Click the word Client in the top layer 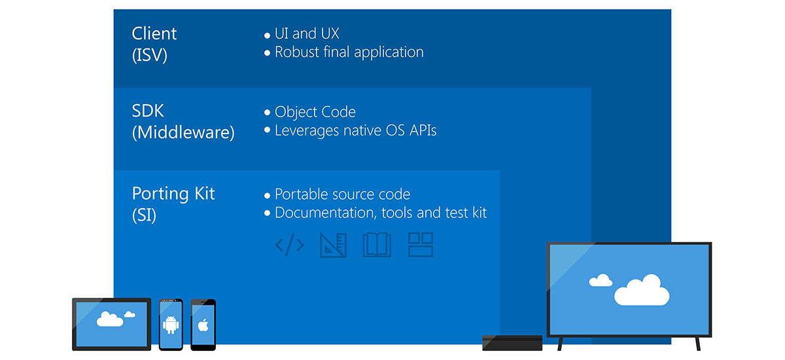pos(154,33)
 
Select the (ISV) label pos(150,56)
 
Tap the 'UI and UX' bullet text pos(307,33)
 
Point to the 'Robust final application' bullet pos(349,52)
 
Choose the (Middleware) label pos(183,133)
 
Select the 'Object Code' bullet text pos(315,112)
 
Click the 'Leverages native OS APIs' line pos(355,130)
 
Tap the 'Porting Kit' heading pos(173,194)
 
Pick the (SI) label pos(145,215)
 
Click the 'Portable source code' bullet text pos(342,194)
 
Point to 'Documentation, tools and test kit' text pos(380,213)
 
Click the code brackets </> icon pos(289,245)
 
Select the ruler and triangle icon pos(333,245)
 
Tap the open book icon pos(377,245)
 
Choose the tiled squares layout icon pos(421,245)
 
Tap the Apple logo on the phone pos(203,325)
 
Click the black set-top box pos(512,343)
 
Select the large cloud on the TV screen pos(641,290)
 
